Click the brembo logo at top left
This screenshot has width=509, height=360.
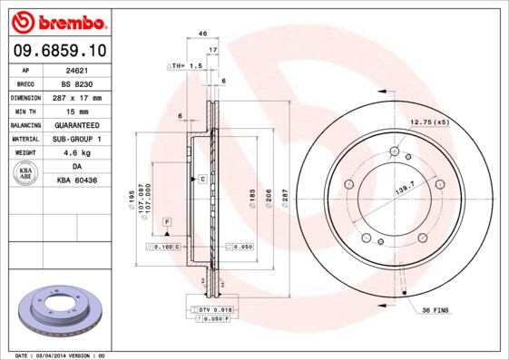pyautogui.click(x=58, y=20)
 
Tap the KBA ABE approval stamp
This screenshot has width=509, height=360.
pyautogui.click(x=26, y=174)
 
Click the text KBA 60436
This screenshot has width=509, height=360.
pyautogui.click(x=77, y=181)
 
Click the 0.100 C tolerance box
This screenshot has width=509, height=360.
pyautogui.click(x=164, y=247)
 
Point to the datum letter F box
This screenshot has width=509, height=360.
pyautogui.click(x=167, y=222)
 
